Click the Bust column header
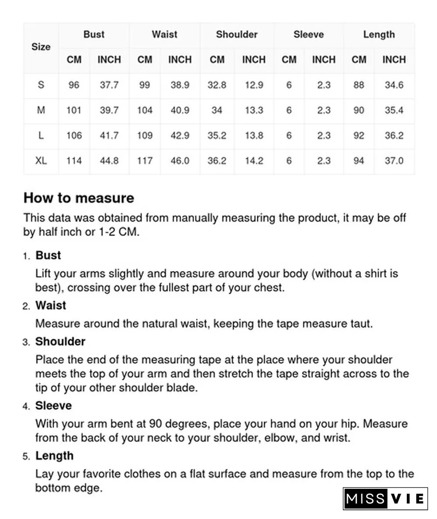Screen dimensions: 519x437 click(x=94, y=35)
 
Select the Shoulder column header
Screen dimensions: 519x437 click(x=236, y=35)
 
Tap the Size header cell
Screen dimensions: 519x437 click(x=41, y=47)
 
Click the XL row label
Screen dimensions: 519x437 click(x=41, y=161)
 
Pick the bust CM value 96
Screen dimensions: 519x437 click(x=74, y=85)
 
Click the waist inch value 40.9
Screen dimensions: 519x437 click(x=180, y=110)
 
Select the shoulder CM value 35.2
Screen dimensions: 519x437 click(x=217, y=136)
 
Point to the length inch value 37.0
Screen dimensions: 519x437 click(x=394, y=161)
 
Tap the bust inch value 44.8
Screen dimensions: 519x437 click(x=109, y=161)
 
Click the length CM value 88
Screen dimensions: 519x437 click(x=359, y=85)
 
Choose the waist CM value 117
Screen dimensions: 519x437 click(x=145, y=161)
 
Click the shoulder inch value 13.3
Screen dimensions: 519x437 click(x=254, y=110)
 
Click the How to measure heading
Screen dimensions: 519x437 click(x=79, y=198)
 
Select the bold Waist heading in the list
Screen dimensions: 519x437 click(x=51, y=306)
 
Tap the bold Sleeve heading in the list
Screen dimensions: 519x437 click(x=53, y=406)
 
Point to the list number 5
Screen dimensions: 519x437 click(x=26, y=456)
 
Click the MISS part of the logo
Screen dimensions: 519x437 click(x=365, y=499)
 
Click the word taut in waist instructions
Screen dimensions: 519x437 click(x=361, y=324)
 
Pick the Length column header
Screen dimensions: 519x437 click(x=379, y=35)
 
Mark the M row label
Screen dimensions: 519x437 click(x=41, y=110)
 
